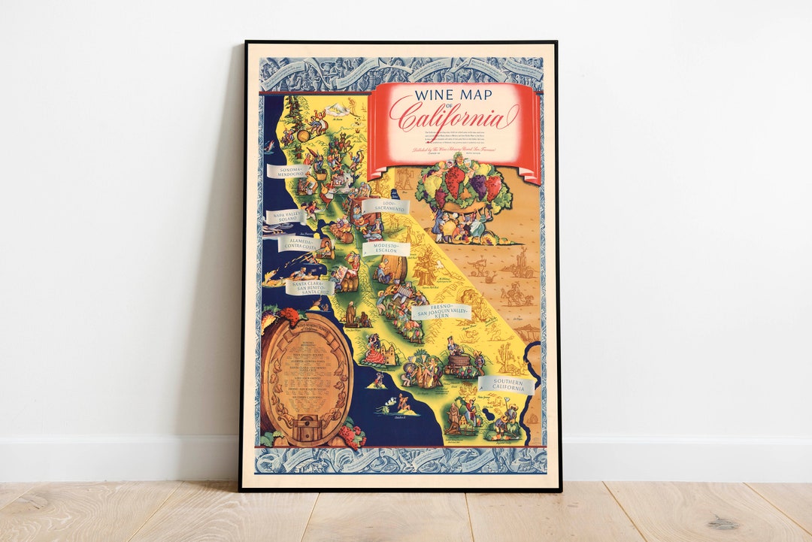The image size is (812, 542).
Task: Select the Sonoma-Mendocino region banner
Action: tap(289, 172)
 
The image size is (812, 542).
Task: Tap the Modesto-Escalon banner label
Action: tap(386, 249)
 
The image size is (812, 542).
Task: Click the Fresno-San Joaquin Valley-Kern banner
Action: tap(442, 311)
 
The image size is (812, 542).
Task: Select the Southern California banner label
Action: tap(504, 386)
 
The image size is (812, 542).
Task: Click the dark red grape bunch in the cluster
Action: tap(456, 180)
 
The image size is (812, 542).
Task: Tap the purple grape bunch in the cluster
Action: tap(478, 186)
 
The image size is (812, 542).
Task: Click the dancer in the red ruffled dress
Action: tap(374, 353)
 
